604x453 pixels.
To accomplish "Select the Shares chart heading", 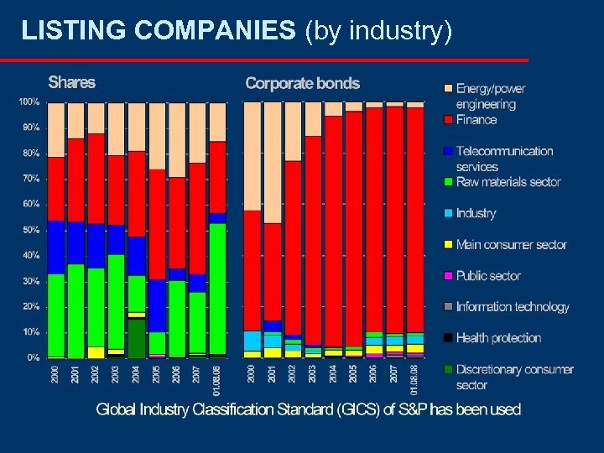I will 71,82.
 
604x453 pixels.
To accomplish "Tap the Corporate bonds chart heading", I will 302,83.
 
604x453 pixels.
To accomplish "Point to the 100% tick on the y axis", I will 29,102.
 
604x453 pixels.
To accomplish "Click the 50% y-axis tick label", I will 30,230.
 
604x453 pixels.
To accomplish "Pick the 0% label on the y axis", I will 33,357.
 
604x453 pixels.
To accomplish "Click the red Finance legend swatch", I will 448,120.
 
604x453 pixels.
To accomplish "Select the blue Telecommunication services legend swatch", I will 448,151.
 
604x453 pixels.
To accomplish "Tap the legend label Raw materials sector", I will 508,182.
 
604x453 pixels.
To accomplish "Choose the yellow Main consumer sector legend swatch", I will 448,245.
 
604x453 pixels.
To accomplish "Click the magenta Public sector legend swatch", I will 448,276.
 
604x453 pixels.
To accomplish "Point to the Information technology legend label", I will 512,307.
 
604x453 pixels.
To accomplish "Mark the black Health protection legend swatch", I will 448,338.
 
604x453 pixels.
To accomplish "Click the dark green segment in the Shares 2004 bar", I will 136,338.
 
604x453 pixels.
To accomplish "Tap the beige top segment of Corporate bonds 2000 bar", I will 253,155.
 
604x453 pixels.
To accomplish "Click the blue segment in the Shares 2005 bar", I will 157,305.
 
